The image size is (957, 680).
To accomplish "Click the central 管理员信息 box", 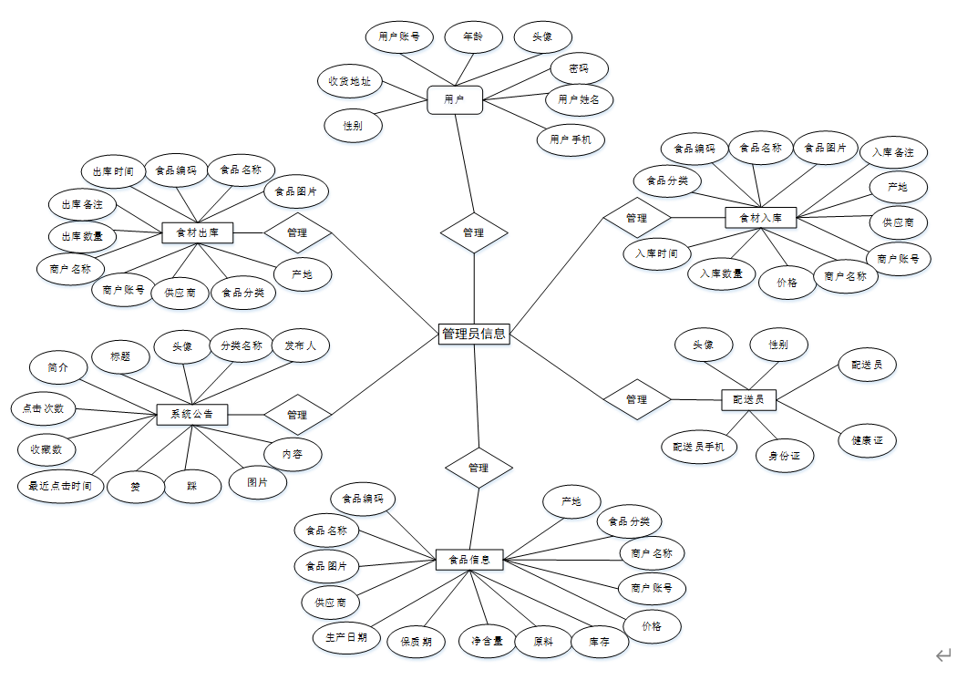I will click(473, 334).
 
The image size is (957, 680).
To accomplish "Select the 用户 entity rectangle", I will click(454, 99).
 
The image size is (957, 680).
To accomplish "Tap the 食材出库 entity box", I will click(197, 233).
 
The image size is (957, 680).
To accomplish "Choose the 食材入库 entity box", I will click(760, 217).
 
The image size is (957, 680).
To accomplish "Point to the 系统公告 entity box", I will click(191, 415).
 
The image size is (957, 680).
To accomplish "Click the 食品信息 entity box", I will click(469, 559).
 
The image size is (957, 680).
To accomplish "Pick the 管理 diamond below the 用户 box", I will click(474, 232).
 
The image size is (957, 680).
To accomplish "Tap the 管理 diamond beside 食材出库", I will click(297, 232).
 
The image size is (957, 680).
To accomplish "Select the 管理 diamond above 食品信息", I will click(478, 468).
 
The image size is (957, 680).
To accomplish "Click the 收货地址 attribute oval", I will click(349, 81).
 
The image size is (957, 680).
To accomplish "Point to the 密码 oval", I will click(579, 68).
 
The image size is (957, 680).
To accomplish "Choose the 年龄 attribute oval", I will click(473, 37).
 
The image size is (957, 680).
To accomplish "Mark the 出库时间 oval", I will click(113, 170).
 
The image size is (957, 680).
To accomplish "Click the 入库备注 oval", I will click(893, 151).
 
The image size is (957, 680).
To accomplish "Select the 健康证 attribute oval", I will click(868, 440).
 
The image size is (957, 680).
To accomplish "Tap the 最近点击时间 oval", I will click(56, 486).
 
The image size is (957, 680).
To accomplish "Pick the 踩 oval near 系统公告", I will click(192, 486).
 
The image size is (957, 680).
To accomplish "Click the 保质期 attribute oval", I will click(416, 642).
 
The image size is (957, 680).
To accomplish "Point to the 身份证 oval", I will click(784, 455).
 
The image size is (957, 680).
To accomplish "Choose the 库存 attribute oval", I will click(599, 642).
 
